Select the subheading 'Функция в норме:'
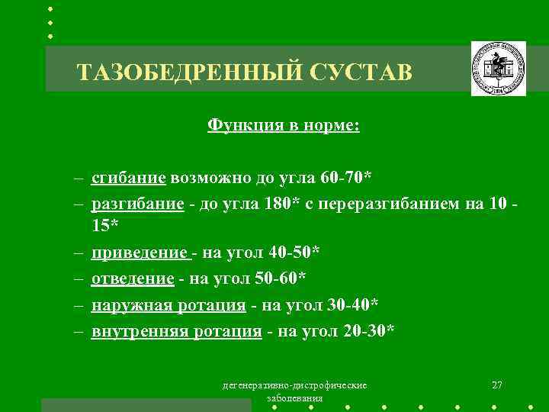pyautogui.click(x=283, y=125)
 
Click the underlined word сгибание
pyautogui.click(x=128, y=179)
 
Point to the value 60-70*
pyautogui.click(x=347, y=179)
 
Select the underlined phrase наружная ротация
pyautogui.click(x=169, y=305)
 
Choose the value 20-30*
pyautogui.click(x=369, y=331)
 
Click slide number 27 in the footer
pyautogui.click(x=496, y=384)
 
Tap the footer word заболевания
pyautogui.click(x=295, y=398)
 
